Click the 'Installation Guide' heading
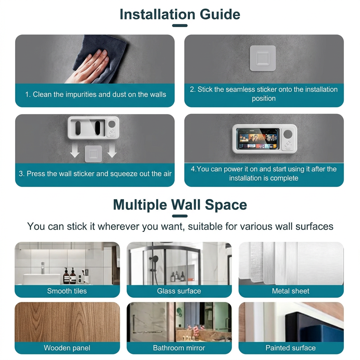point(180,14)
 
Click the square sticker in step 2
point(263,58)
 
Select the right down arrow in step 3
point(112,151)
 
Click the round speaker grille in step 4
point(288,134)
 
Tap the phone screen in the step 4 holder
point(258,139)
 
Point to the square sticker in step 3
point(93,154)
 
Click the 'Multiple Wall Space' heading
point(180,205)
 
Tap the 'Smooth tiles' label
point(67,291)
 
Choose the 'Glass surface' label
point(179,291)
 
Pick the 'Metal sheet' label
point(291,291)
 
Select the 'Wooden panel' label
point(67,348)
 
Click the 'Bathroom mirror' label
point(179,348)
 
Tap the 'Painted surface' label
point(291,348)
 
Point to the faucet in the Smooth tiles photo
point(43,268)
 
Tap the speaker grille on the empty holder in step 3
point(112,124)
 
